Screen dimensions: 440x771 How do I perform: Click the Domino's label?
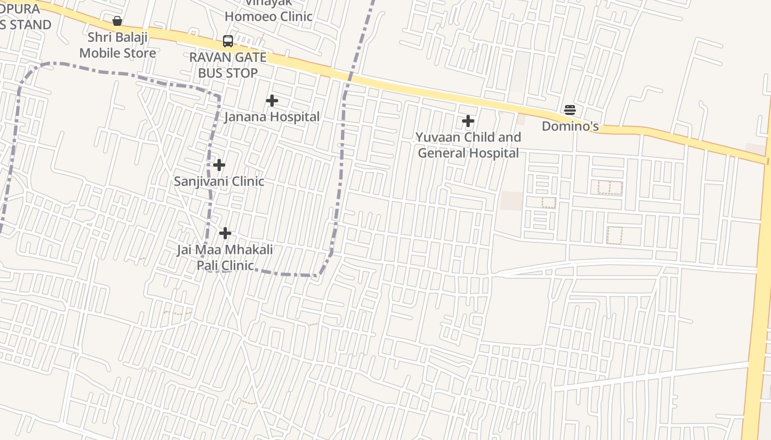570,126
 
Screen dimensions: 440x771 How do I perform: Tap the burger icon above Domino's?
570,110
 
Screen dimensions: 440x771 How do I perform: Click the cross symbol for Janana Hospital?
272,101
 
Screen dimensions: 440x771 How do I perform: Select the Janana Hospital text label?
272,117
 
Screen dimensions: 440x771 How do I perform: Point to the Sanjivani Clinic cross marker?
219,165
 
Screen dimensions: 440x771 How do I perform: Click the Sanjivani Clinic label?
219,181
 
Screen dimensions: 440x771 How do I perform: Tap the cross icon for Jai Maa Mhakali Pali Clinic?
225,233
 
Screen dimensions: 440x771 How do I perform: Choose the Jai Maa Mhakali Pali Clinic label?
225,257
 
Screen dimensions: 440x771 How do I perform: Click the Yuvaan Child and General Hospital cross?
468,121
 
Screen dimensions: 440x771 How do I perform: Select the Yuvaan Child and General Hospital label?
468,145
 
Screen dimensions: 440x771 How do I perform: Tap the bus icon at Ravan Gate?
228,41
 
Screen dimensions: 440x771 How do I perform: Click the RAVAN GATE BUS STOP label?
228,65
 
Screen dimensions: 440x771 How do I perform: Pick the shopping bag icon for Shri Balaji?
117,21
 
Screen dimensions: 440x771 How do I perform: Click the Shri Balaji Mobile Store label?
118,45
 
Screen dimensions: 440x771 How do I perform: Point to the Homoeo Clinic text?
269,16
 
